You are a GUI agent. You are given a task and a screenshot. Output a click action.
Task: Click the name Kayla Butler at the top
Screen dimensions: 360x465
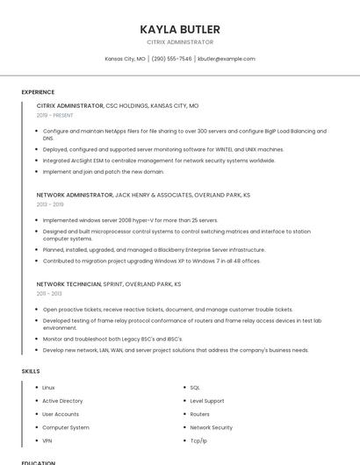point(180,29)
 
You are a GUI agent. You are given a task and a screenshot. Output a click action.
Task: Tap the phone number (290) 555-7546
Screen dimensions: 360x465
point(171,59)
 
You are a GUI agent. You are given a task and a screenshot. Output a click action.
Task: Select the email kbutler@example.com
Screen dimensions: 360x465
point(226,59)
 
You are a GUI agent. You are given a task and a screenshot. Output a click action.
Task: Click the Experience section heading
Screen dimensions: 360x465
point(38,92)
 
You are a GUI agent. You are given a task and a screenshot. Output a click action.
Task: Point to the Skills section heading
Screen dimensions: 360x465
point(31,371)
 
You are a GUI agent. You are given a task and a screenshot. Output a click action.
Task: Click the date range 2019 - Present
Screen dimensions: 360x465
point(55,115)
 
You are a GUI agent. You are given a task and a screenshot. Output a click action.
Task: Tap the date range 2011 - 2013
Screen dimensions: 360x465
point(49,293)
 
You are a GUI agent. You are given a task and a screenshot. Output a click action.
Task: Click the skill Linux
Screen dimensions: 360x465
point(48,388)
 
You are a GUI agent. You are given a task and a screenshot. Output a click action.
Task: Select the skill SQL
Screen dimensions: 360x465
point(195,388)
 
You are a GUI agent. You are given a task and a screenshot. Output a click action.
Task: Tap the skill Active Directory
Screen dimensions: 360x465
point(62,401)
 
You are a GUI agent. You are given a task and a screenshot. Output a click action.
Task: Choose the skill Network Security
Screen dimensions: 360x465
point(211,427)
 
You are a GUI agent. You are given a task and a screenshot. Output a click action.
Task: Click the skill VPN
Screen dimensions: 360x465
point(47,440)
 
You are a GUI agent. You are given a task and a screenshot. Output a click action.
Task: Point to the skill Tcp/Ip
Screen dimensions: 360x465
point(198,440)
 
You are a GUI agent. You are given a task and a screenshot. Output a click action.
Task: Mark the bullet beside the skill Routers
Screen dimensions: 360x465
point(182,414)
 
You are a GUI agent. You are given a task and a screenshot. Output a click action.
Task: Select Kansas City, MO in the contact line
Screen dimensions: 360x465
point(125,59)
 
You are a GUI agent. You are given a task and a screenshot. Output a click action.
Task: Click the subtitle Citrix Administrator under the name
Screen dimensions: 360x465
point(180,42)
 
